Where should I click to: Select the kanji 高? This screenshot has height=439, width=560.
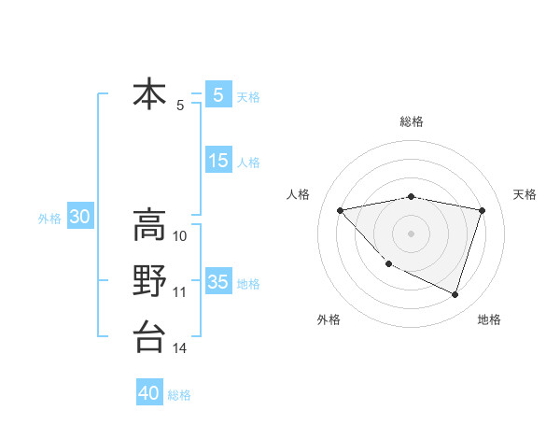149,225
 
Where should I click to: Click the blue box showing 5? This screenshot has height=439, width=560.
217,94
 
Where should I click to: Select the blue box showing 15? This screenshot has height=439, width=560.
217,161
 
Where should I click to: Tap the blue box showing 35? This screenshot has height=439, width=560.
217,282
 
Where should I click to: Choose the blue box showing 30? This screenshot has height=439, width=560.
79,218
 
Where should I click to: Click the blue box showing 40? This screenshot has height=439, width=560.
149,393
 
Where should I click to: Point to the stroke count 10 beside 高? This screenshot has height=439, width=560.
180,236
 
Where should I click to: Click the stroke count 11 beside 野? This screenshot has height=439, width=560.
180,292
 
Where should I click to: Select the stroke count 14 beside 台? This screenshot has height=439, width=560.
180,348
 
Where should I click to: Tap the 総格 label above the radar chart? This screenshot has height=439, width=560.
412,121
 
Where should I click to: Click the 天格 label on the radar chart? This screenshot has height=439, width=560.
525,194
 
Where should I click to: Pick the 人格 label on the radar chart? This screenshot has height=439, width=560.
298,194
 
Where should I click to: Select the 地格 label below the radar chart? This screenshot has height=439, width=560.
489,319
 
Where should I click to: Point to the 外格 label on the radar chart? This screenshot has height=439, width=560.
329,319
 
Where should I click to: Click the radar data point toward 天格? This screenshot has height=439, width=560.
483,210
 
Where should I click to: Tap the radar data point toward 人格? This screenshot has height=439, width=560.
341,210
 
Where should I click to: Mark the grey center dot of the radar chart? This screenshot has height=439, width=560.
411,233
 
